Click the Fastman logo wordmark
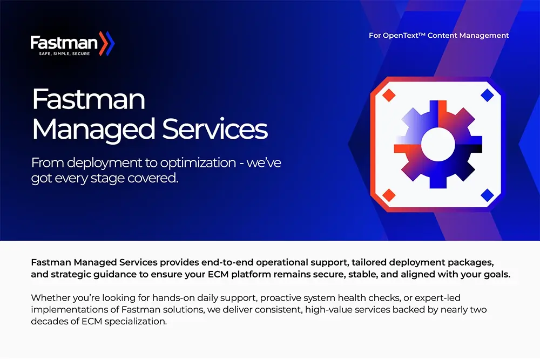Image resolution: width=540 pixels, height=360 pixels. tap(63, 42)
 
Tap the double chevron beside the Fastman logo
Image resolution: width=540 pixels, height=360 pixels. tap(107, 43)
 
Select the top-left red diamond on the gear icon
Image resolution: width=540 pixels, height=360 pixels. tap(388, 96)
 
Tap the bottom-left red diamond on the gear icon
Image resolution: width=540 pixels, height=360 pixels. tap(388, 194)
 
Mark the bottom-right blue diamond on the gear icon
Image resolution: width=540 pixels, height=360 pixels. tap(487, 194)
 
